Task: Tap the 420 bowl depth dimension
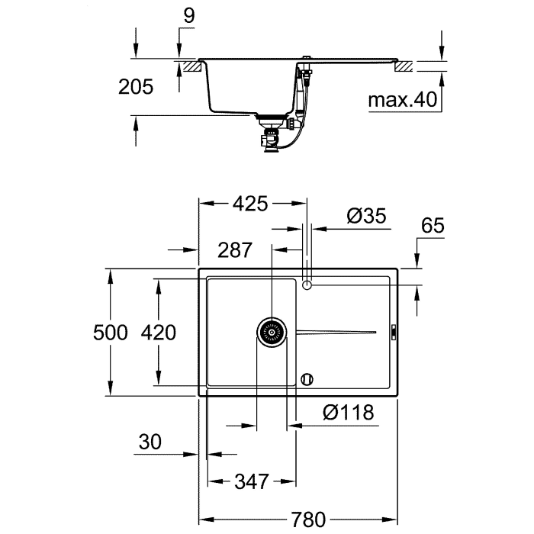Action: click(x=158, y=333)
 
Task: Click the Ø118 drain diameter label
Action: click(x=348, y=413)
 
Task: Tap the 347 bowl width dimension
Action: click(x=251, y=481)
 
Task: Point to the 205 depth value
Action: click(x=136, y=87)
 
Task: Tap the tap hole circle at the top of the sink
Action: click(x=307, y=285)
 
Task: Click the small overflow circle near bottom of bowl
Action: click(x=307, y=378)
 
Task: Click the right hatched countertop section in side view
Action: click(x=404, y=67)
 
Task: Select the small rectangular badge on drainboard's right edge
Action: click(x=393, y=333)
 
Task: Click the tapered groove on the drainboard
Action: click(x=336, y=333)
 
